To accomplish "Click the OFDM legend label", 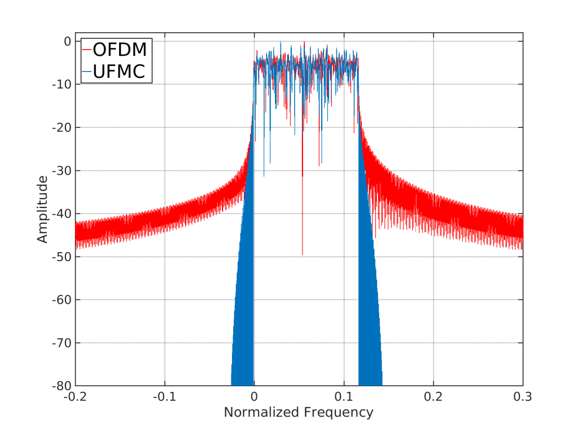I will tap(120, 50).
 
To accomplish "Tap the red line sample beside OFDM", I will tap(87, 50).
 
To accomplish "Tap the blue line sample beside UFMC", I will tap(87, 73).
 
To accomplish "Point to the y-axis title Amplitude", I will tap(42, 209).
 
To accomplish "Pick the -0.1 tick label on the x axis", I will tap(164, 396).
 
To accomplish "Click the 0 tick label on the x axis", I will tap(255, 396).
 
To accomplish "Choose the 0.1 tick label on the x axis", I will tap(344, 396).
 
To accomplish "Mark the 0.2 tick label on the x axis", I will tap(433, 396).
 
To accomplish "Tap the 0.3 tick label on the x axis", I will tap(523, 396).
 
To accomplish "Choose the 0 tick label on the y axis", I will tap(67, 42).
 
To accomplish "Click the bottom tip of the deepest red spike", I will tap(303, 255).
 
